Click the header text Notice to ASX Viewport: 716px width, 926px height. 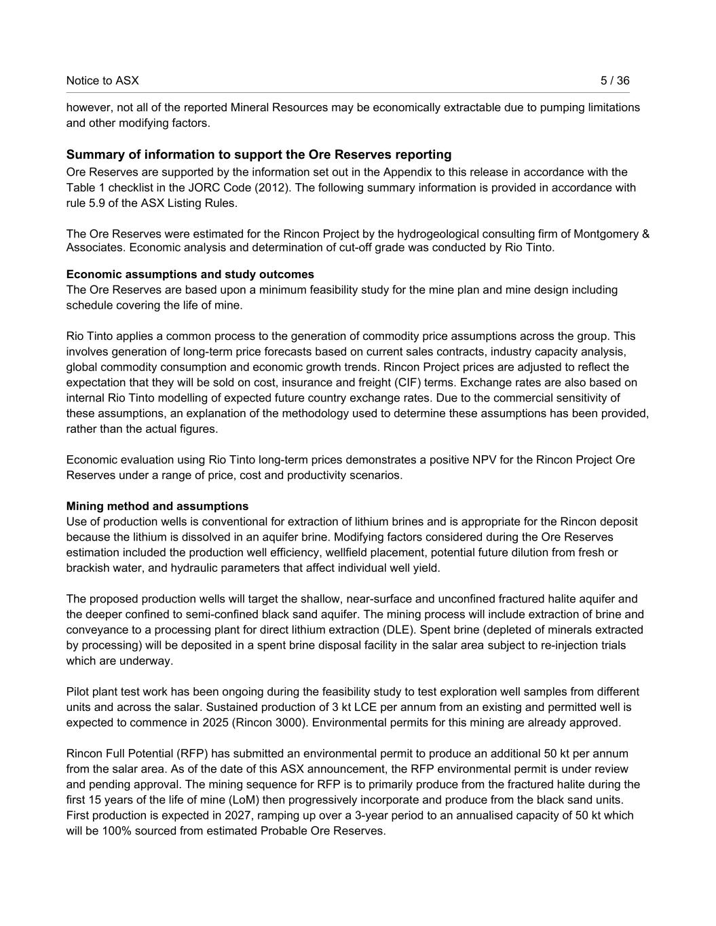point(102,81)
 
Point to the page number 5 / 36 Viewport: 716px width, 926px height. point(615,81)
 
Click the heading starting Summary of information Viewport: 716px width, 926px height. point(259,155)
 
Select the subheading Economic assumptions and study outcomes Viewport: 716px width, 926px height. point(190,275)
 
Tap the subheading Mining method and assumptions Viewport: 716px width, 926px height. point(157,507)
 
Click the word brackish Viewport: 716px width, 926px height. point(89,568)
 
